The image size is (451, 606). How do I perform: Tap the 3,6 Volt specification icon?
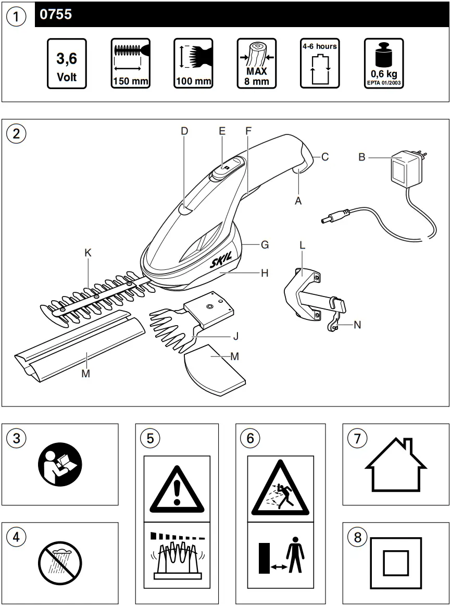click(67, 63)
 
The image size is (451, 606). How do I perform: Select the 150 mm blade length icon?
click(130, 63)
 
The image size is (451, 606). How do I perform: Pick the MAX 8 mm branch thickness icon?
click(257, 63)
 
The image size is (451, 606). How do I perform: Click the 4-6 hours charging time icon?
click(320, 63)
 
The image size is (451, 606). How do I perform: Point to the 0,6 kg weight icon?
click(383, 63)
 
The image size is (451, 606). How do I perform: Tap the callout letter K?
click(88, 253)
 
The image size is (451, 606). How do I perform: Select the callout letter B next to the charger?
click(362, 157)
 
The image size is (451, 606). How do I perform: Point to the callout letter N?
click(357, 325)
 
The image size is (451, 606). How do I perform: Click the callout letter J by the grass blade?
click(236, 336)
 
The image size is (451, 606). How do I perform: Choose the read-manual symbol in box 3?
click(60, 464)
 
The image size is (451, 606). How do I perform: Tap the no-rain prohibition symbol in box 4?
click(60, 563)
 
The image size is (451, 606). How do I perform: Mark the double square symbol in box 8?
click(395, 563)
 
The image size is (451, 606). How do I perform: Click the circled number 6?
click(250, 439)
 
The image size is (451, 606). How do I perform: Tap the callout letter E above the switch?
click(222, 131)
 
